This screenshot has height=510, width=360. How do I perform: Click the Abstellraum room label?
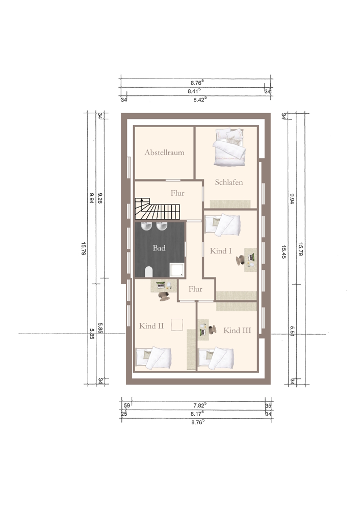(164, 152)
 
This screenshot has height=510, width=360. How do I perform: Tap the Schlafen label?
(229, 182)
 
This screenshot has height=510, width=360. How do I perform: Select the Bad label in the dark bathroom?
(159, 248)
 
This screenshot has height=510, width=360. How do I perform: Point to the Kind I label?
(221, 251)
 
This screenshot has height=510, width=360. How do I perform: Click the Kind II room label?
(151, 326)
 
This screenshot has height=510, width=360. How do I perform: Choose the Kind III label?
(237, 330)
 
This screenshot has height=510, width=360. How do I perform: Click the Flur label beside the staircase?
(177, 193)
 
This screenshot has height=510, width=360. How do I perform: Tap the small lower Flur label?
(195, 289)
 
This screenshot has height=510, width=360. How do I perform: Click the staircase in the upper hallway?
(158, 208)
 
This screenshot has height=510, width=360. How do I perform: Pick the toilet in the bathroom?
(148, 272)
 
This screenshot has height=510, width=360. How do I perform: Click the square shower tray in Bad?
(176, 270)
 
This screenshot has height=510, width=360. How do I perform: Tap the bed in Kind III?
(216, 359)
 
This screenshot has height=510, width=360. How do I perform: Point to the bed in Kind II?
(153, 358)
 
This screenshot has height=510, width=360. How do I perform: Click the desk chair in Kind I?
(241, 260)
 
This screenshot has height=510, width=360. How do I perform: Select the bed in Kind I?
(223, 224)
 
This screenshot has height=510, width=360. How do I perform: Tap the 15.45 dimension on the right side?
(284, 252)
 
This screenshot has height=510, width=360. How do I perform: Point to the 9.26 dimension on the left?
(100, 198)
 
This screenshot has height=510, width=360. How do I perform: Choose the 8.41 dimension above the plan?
(194, 91)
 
